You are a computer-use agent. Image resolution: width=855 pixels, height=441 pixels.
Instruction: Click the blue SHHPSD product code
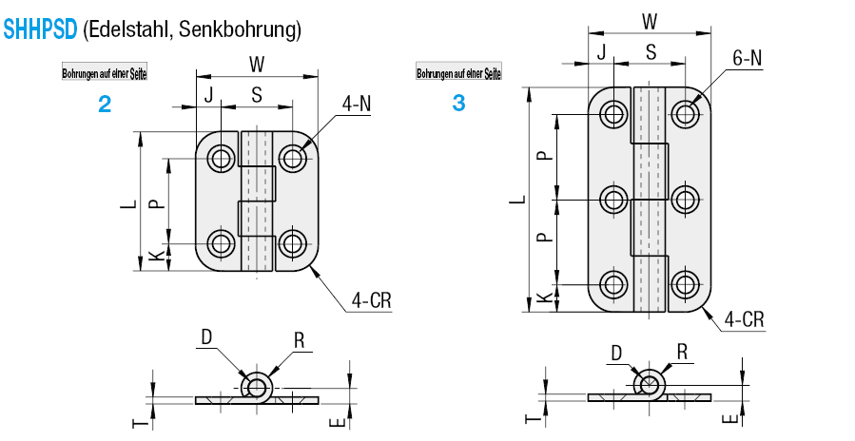tap(40, 29)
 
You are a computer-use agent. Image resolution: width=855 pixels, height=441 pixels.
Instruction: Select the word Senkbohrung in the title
tap(240, 29)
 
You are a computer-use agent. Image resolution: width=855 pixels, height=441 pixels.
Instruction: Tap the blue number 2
tap(105, 105)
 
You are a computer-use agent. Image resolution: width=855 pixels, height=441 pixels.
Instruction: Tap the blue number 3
tap(459, 103)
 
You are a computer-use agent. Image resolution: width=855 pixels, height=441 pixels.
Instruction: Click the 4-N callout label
tap(357, 104)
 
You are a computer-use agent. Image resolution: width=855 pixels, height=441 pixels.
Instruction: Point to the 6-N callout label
tap(748, 58)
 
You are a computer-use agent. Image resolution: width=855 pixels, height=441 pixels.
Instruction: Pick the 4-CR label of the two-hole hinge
tap(371, 299)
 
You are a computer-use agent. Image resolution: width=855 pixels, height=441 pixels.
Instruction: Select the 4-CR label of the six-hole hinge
tap(745, 319)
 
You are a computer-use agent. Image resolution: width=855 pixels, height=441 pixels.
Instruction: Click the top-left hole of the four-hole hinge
tap(221, 159)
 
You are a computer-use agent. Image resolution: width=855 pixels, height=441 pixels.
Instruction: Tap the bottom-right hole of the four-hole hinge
tap(292, 243)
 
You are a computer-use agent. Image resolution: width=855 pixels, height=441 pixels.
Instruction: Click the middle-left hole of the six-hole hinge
tap(614, 200)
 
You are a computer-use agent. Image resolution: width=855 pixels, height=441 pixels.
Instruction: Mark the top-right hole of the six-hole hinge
tap(686, 114)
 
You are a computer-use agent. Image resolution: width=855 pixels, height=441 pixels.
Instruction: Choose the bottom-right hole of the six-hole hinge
tap(686, 284)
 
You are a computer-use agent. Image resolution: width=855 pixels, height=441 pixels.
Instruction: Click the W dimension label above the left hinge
tap(256, 65)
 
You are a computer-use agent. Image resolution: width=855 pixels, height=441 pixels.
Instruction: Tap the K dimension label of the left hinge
tap(157, 255)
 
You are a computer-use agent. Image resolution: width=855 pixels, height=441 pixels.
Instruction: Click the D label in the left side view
tap(206, 337)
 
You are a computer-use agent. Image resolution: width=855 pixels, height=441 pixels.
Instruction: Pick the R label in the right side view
tap(682, 353)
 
